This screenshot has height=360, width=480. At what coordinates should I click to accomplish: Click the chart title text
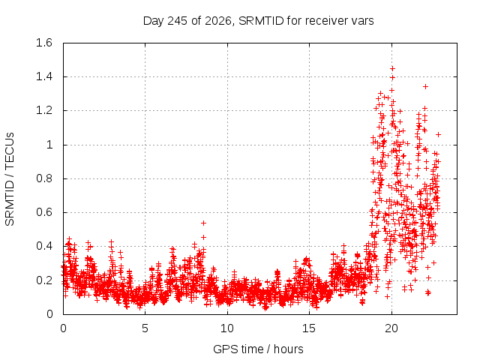258,21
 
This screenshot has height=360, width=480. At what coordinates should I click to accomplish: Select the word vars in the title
362,22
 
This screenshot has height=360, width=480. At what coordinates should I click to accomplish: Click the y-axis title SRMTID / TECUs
10,179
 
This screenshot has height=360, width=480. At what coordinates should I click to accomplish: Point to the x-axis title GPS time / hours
258,349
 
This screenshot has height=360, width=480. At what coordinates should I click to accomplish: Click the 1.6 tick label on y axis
44,43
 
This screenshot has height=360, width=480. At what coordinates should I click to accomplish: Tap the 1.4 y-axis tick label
44,76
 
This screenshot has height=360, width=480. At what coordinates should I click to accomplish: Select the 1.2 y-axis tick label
44,110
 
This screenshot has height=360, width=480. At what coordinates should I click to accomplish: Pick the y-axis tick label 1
49,145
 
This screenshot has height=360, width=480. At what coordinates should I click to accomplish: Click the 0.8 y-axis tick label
44,178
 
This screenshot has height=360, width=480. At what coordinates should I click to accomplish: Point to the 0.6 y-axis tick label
44,212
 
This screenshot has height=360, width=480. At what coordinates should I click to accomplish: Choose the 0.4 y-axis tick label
44,246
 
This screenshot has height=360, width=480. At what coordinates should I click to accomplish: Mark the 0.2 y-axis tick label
44,280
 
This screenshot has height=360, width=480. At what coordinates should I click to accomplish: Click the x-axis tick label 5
145,328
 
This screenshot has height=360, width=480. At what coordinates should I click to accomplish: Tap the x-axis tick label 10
227,328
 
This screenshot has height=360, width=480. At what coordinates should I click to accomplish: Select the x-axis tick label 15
309,328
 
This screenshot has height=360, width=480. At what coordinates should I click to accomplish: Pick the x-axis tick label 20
391,328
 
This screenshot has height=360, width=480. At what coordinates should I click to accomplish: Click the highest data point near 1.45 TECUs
392,68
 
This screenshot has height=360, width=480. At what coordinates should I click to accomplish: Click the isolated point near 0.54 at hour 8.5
203,223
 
